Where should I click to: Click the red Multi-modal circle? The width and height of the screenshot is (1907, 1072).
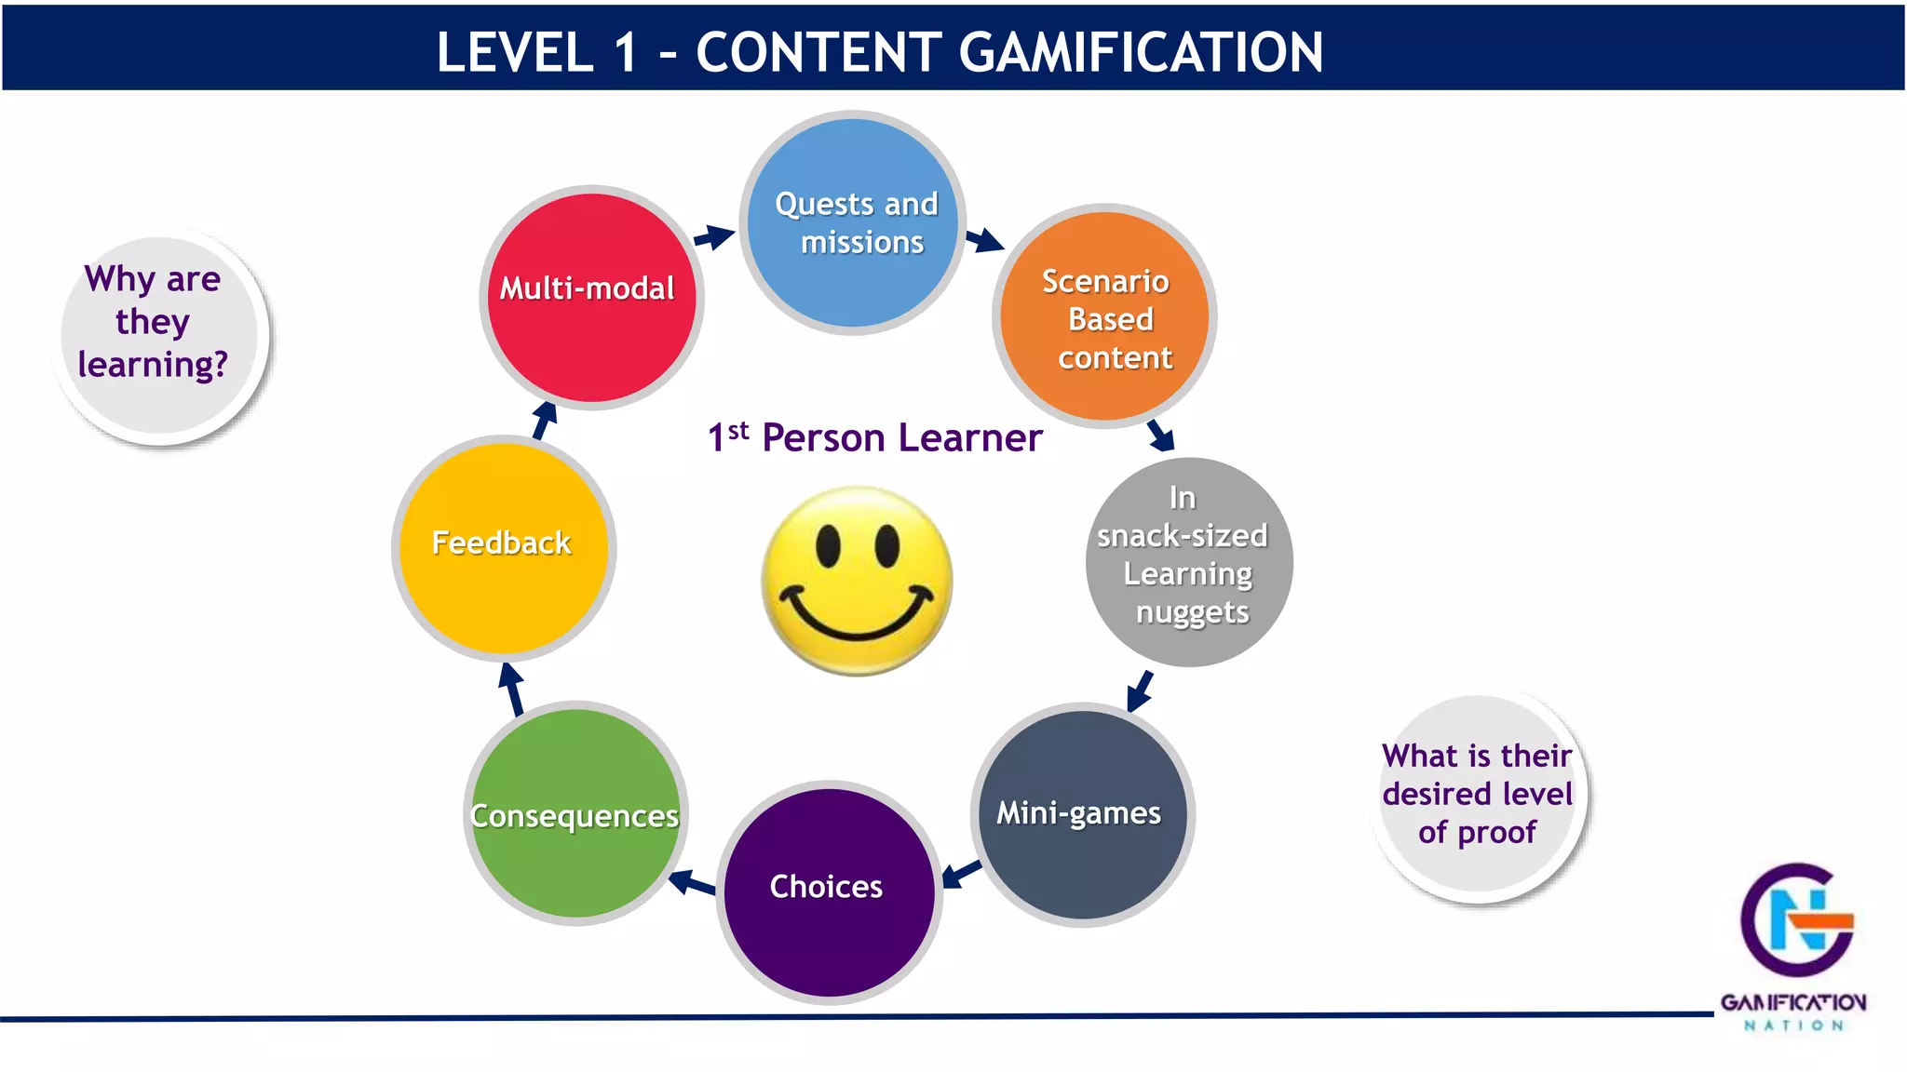pyautogui.click(x=591, y=298)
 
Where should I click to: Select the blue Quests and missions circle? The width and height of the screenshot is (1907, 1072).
pyautogui.click(x=853, y=223)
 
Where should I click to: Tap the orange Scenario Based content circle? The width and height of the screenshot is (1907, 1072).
pyautogui.click(x=1105, y=316)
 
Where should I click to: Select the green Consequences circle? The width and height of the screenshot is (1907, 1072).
pyautogui.click(x=575, y=813)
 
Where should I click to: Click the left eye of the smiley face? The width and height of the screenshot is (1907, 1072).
pyautogui.click(x=828, y=545)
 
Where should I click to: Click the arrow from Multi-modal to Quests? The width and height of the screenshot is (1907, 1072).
pyautogui.click(x=715, y=236)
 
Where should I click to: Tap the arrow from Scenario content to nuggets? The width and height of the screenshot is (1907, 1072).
pyautogui.click(x=1161, y=435)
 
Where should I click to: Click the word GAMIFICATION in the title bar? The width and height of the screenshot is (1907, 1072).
pyautogui.click(x=1140, y=52)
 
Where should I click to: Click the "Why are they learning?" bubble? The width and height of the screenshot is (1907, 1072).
pyautogui.click(x=160, y=331)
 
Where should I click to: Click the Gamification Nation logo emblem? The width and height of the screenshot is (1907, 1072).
pyautogui.click(x=1796, y=921)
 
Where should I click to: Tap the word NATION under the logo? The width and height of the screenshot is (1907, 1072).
pyautogui.click(x=1792, y=1025)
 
